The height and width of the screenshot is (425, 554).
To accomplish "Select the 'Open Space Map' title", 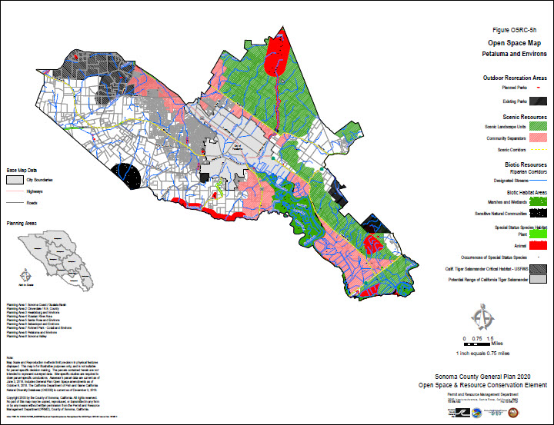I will (x=508, y=44).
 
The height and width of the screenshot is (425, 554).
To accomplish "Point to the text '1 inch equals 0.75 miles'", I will (x=483, y=353).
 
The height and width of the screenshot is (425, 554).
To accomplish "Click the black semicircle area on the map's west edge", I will (x=123, y=178).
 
